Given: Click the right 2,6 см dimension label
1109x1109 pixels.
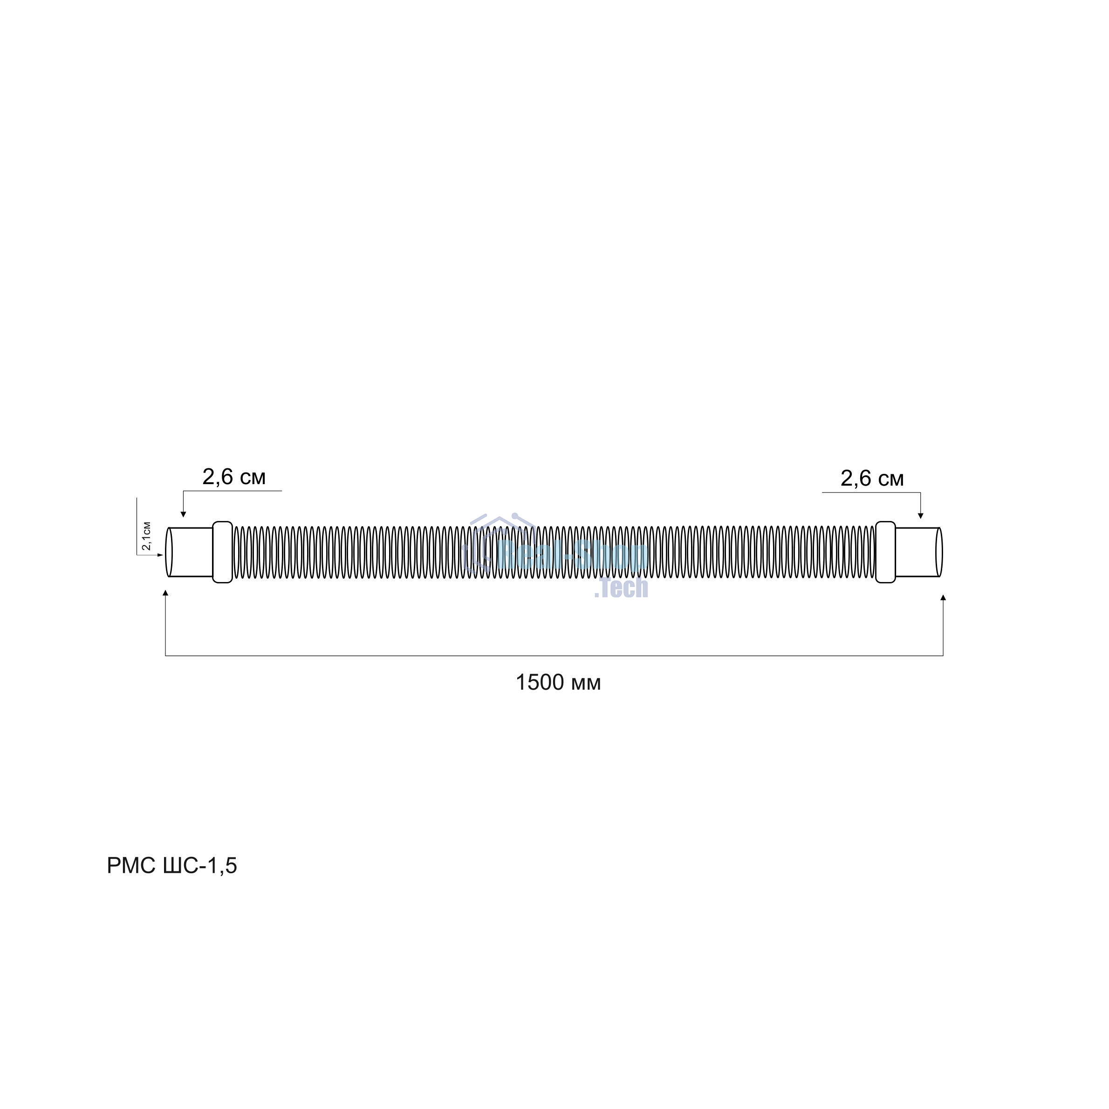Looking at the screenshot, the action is click(872, 478).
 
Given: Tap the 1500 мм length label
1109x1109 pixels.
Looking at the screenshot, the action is click(558, 683).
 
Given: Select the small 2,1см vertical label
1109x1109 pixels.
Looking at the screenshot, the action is click(146, 535).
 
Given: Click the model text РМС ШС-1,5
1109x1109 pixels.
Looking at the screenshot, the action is click(171, 866).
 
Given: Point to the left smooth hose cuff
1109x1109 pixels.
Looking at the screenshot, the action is click(191, 552).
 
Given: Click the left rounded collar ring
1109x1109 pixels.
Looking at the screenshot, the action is click(223, 552).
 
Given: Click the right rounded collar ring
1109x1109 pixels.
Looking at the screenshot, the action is click(886, 552).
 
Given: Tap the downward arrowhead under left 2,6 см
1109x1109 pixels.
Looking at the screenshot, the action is click(183, 514).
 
